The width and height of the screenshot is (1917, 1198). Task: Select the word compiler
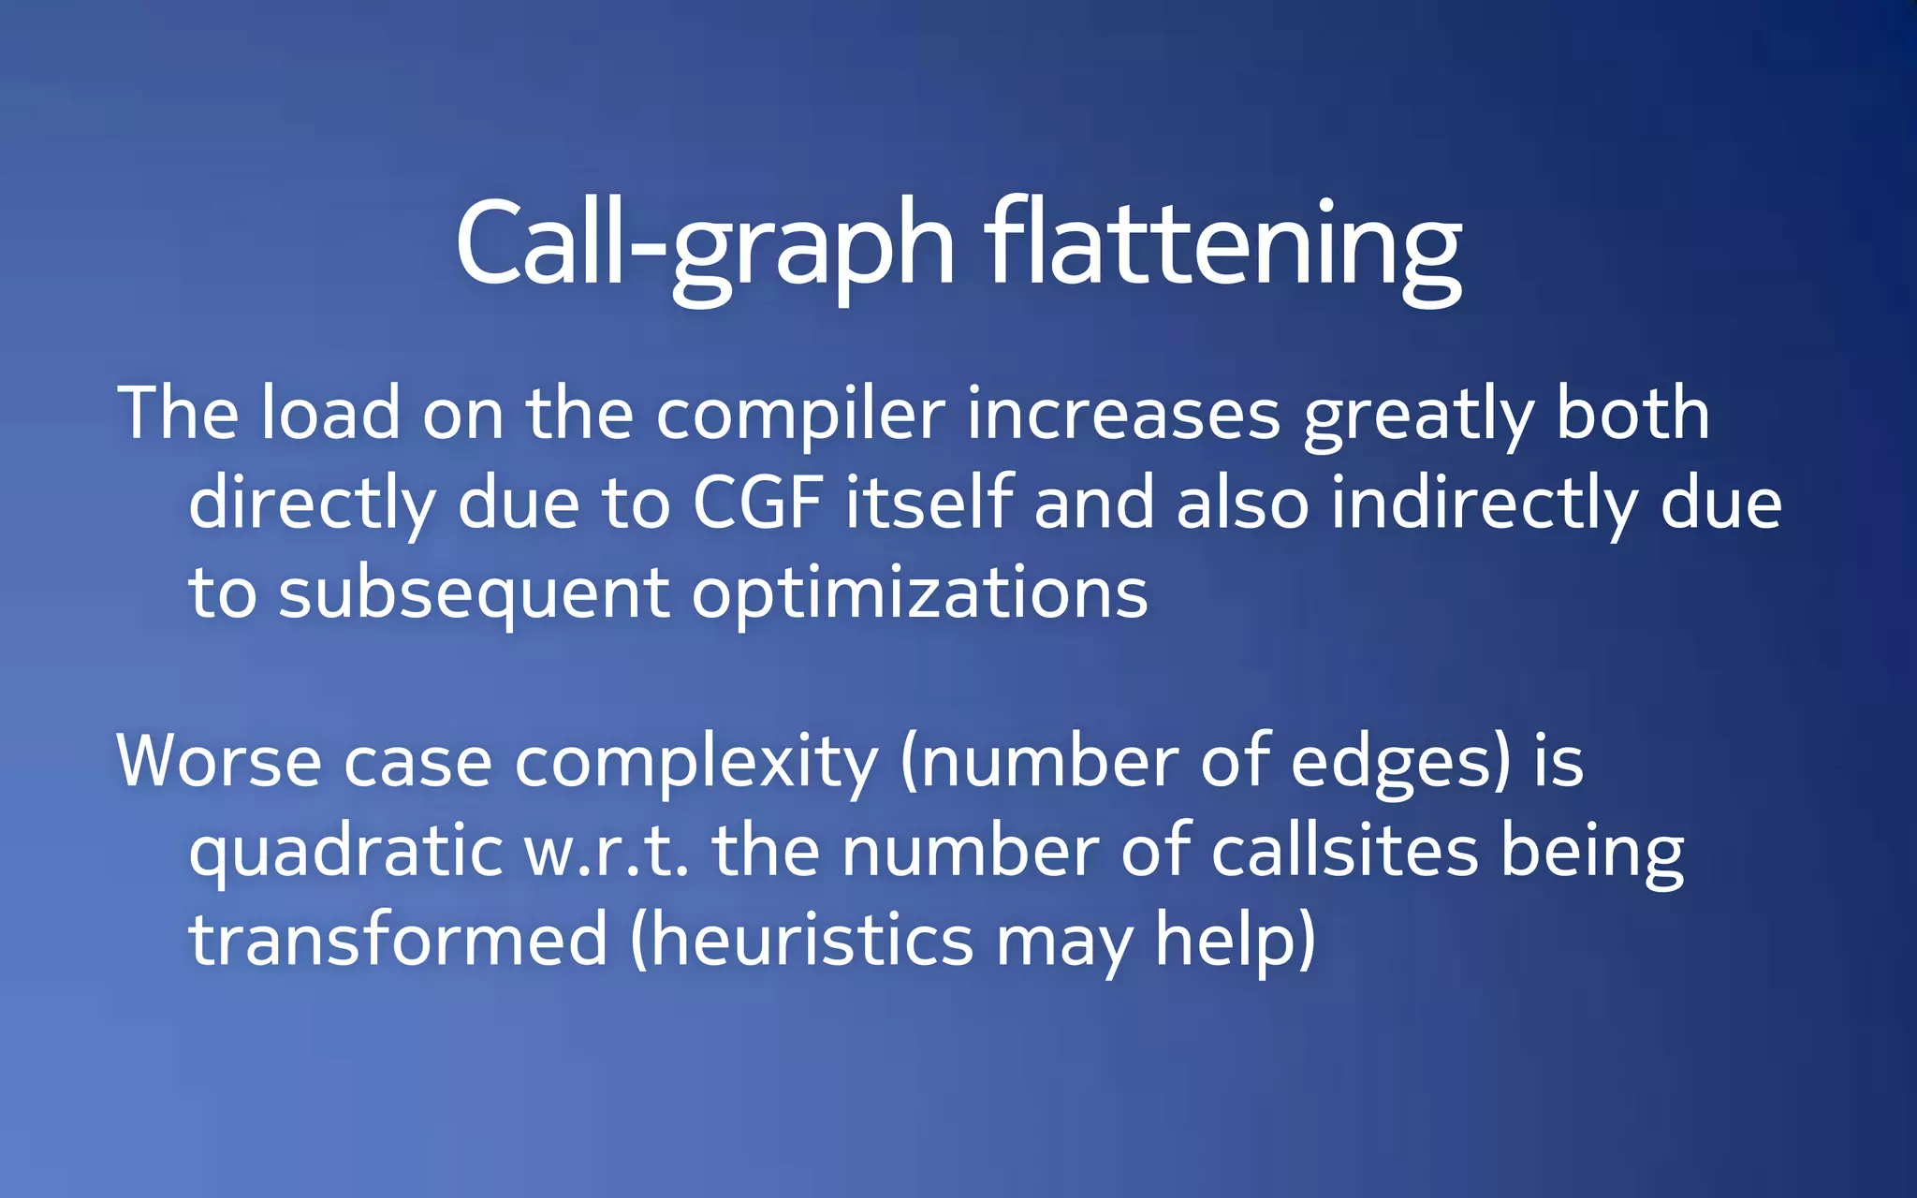click(x=800, y=415)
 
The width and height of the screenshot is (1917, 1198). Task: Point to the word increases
click(x=1123, y=415)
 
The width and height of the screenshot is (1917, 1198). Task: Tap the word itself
click(x=929, y=503)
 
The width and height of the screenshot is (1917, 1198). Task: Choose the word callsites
click(x=1344, y=852)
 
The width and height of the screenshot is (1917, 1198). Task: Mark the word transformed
click(x=399, y=941)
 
